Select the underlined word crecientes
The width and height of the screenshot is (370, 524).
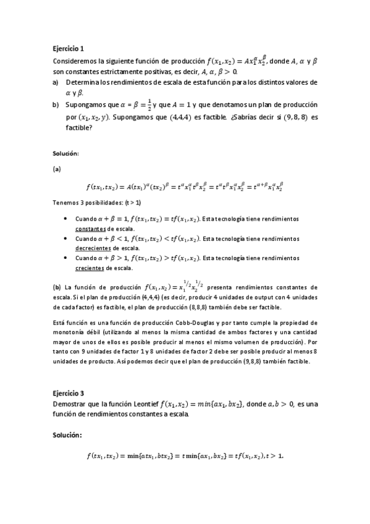(x=89, y=268)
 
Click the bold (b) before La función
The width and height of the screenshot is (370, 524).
(x=57, y=287)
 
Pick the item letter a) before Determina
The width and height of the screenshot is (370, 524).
(x=55, y=82)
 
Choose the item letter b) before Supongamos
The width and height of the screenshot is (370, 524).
(x=55, y=105)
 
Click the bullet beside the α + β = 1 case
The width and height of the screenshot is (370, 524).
(x=66, y=219)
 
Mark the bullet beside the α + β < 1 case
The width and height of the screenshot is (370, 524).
(x=66, y=239)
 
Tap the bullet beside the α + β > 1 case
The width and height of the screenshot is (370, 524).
(x=66, y=258)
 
